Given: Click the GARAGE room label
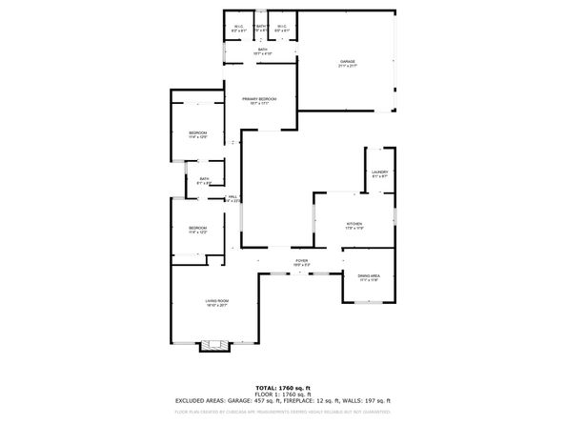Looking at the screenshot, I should [x=347, y=62].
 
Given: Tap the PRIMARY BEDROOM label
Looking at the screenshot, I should [x=259, y=100].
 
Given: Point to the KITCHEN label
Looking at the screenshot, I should [x=354, y=224].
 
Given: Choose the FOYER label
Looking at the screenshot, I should [x=301, y=260].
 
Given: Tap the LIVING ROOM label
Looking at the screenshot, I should [x=216, y=302].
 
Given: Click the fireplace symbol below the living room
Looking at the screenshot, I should [x=214, y=346].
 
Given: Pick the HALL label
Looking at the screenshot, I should [x=232, y=197].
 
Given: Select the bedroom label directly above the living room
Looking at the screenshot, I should [x=197, y=229].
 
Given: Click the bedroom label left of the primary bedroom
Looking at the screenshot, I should [x=197, y=132].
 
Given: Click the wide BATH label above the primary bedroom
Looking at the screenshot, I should [x=262, y=52].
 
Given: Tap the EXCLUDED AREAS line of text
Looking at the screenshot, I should [x=282, y=403].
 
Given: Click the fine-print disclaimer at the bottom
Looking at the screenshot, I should [x=282, y=413].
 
